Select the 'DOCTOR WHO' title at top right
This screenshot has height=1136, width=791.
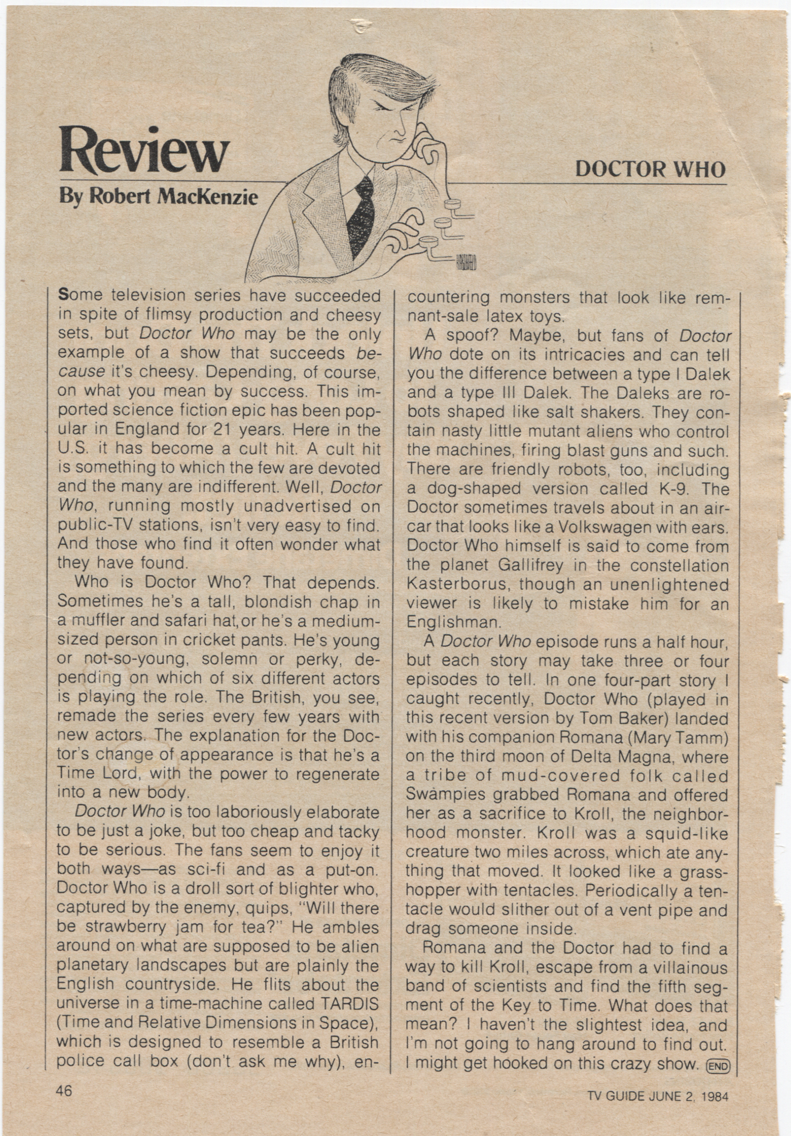[x=650, y=169]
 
